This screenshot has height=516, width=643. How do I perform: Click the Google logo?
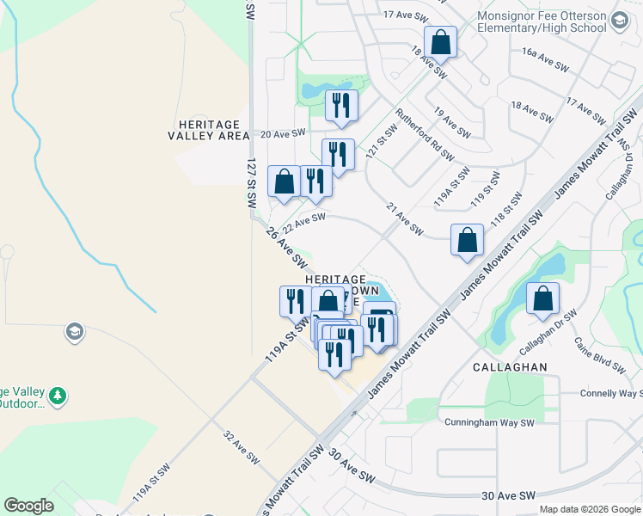28,506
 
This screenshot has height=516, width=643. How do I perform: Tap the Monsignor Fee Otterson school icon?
619,21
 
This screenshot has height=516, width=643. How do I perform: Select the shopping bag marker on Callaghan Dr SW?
542,299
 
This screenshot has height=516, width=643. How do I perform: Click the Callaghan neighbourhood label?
510,366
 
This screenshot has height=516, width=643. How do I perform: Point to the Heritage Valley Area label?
209,130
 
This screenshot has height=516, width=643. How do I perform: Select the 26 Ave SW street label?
286,245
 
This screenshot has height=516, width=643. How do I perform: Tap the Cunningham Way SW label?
489,423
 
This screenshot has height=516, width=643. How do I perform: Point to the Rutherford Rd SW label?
424,135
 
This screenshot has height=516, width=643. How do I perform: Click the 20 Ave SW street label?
283,133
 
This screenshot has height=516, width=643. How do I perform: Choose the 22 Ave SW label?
304,222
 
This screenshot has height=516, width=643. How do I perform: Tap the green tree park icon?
58,396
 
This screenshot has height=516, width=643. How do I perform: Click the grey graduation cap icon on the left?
75,331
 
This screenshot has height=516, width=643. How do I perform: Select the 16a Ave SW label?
545,58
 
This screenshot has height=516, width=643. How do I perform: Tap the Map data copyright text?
590,509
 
